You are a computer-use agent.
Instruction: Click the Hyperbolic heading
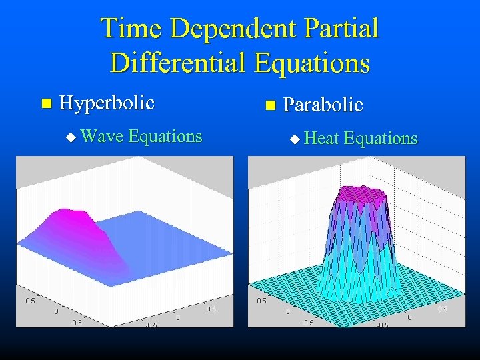[x=107, y=103]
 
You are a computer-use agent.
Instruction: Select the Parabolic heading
[x=323, y=105]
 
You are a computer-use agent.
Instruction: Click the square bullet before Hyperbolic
[x=45, y=103]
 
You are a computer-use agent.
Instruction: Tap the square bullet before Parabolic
[x=269, y=105]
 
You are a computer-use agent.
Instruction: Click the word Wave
[x=101, y=137]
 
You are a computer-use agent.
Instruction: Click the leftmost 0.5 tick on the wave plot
[x=31, y=301]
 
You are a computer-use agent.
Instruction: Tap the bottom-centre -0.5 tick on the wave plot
[x=151, y=325]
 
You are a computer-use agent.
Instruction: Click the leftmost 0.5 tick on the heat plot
[x=262, y=301]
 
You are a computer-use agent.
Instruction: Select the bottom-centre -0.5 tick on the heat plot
[x=382, y=325]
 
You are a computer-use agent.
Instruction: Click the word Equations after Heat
[x=381, y=139]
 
